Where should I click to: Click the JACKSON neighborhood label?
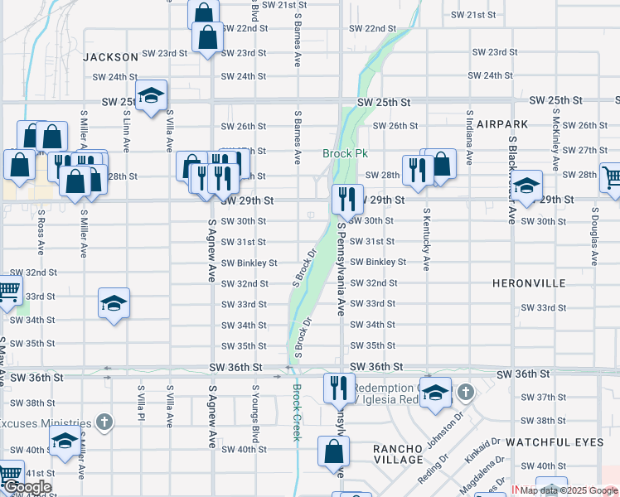(110, 57)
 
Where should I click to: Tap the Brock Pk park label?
(344, 154)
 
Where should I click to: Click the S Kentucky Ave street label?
(427, 239)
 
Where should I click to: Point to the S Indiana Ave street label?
(469, 138)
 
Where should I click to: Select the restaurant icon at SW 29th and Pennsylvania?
(346, 199)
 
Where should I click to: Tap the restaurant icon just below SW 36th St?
(337, 387)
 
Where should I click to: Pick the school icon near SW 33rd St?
(114, 303)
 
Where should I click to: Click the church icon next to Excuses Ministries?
(104, 422)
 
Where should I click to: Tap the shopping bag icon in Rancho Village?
(333, 451)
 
